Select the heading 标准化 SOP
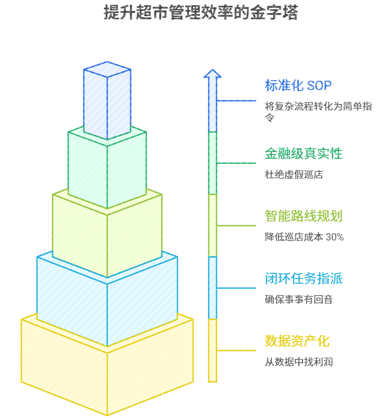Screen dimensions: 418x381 (298, 85)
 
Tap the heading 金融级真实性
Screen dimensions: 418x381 (303, 153)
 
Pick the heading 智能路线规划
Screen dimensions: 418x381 (303, 216)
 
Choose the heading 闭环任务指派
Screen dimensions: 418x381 (303, 278)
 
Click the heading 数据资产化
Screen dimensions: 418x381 (297, 341)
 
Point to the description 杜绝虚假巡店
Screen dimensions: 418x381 (294, 175)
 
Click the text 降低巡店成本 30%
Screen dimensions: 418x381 (304, 237)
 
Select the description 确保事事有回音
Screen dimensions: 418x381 (299, 300)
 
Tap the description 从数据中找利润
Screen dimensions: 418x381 (299, 362)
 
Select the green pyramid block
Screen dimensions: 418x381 (107, 167)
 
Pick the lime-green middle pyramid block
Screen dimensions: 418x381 (107, 234)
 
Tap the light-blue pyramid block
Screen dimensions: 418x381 (107, 302)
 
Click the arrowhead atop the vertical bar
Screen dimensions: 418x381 (212, 74)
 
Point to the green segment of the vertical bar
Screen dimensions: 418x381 (212, 162)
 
